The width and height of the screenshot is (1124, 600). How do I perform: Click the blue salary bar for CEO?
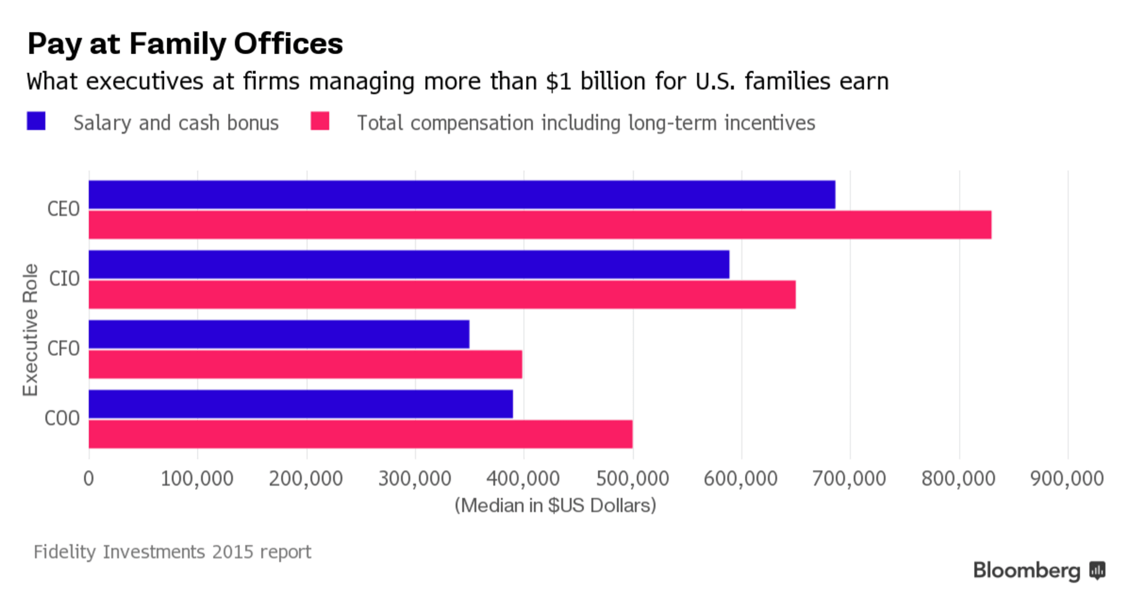[461, 194]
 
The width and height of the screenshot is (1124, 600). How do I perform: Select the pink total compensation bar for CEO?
[540, 225]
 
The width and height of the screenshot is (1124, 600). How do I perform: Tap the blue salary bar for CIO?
[409, 264]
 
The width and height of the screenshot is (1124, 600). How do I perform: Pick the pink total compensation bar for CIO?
[442, 295]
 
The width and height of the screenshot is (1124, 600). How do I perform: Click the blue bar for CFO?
[279, 334]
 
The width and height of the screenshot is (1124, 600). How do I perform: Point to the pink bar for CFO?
[305, 365]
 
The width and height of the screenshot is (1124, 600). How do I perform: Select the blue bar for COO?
[301, 404]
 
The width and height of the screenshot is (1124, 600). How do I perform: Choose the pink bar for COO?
[360, 434]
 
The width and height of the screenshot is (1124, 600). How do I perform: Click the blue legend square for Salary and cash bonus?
[36, 121]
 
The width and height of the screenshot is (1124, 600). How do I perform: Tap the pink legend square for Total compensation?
[320, 121]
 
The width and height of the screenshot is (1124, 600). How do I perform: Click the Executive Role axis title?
[30, 330]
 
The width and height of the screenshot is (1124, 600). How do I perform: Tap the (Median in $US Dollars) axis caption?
[555, 505]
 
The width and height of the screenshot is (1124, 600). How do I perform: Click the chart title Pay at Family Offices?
[185, 44]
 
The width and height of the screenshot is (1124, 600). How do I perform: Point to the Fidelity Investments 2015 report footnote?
[172, 552]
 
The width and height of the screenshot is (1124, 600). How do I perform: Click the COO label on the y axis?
[62, 418]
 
